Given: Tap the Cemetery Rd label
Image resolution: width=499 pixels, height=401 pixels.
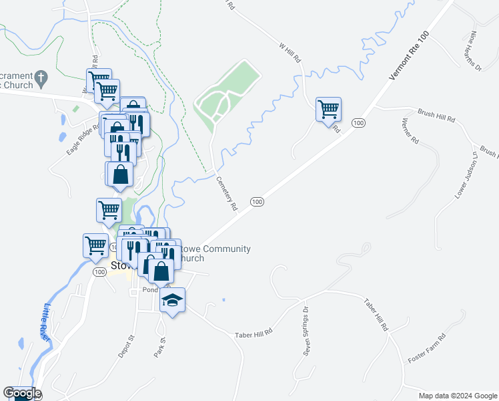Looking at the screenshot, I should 227,194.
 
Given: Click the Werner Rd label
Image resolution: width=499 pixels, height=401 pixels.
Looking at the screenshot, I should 410,132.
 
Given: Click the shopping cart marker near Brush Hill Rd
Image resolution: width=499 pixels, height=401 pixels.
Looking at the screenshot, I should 328,109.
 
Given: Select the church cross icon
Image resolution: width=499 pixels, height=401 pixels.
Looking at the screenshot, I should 40,78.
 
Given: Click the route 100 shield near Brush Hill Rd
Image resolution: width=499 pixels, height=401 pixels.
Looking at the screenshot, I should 358,123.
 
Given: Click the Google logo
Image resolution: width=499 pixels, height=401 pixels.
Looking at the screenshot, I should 21,393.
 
